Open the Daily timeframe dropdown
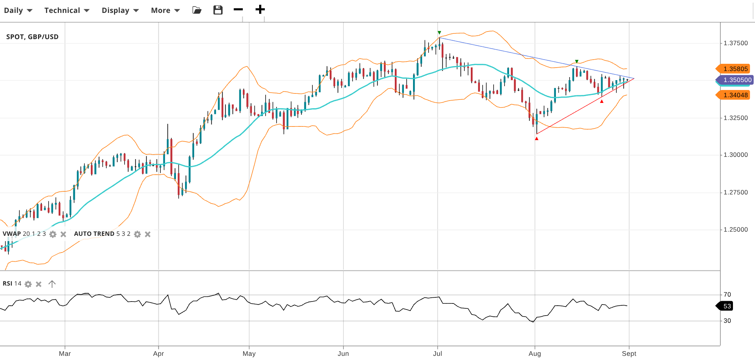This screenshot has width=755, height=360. pos(18,10)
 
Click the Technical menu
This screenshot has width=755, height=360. pos(66,10)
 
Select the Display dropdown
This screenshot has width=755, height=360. pos(120,10)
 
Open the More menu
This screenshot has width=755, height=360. pos(165,10)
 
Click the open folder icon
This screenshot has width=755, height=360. pos(197,10)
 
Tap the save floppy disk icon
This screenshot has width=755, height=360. pos(218,10)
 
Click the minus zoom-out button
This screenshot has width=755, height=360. pos(238,9)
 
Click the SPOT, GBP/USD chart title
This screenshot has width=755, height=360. pos(32,37)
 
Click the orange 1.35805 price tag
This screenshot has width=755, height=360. pos(733,69)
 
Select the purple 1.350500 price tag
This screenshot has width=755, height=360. pos(735,80)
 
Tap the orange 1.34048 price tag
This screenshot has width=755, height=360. pos(733,95)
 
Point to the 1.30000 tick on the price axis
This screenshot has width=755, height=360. pos(735,155)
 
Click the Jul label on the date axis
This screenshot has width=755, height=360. pos(437,354)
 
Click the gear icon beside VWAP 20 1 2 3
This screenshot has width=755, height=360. pos(53,234)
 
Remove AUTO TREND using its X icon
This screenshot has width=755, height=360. pos(148,234)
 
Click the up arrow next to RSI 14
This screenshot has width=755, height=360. pos(52,284)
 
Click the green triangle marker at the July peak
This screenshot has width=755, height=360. pos(439,33)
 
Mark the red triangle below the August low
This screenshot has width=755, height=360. pos(537,139)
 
